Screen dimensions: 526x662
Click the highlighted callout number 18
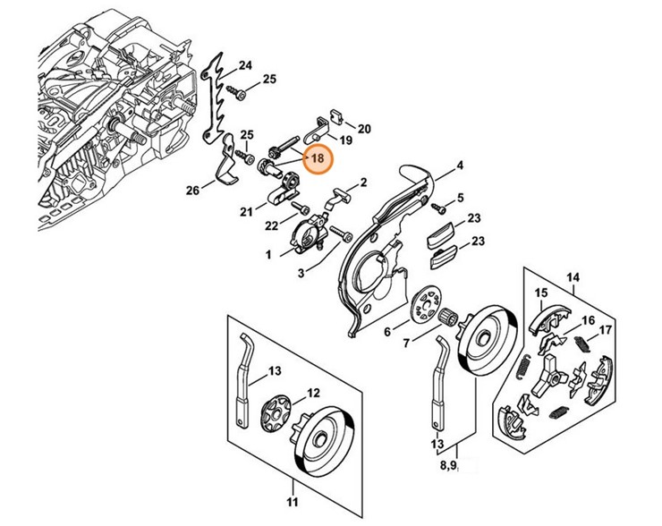(318, 158)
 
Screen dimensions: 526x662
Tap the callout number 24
(245, 64)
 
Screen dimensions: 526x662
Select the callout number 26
(192, 190)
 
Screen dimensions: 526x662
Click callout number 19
(347, 140)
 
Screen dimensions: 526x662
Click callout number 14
(573, 278)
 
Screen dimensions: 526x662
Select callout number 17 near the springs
(607, 329)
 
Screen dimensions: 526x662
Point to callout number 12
(314, 393)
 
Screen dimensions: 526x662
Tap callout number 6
(387, 331)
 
